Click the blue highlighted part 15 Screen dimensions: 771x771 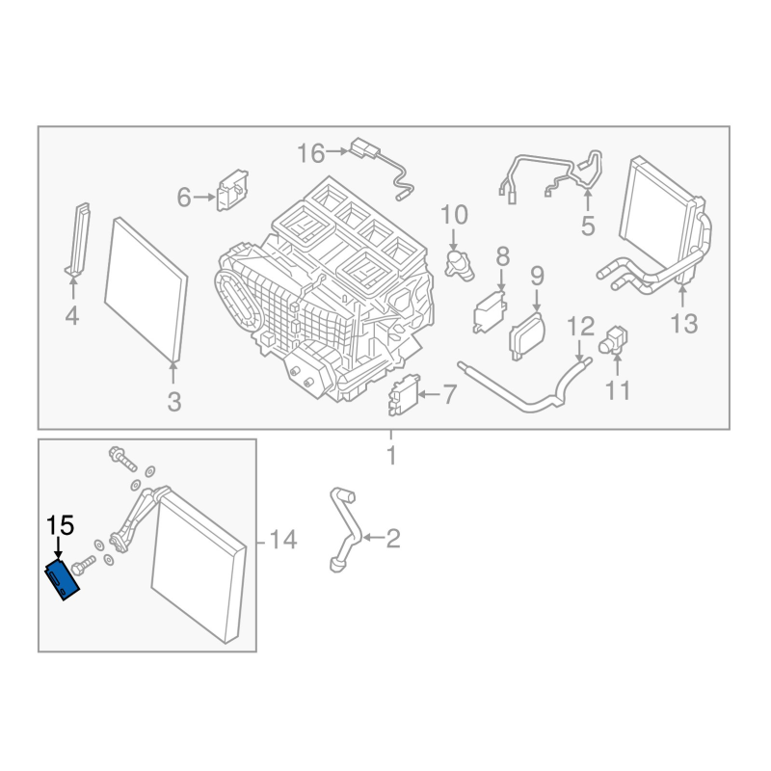pos(65,579)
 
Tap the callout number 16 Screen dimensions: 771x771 pos(311,152)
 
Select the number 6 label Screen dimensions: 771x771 pos(183,198)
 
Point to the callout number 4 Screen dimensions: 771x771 pos(72,315)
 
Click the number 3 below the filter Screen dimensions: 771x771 pos(173,402)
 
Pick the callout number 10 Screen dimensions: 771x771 pos(454,213)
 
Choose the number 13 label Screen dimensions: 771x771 pos(683,323)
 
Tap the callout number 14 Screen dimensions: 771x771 pos(283,540)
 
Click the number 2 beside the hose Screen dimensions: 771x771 pos(392,538)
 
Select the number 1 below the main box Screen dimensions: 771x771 pos(391,455)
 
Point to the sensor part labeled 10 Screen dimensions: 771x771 pos(461,263)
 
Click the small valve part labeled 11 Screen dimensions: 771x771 pos(614,338)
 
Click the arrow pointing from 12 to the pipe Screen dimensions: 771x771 pos(581,350)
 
